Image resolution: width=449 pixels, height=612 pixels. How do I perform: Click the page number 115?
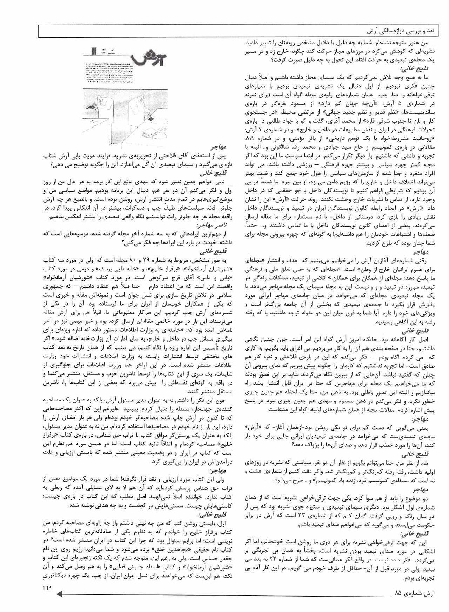(48, 588)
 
